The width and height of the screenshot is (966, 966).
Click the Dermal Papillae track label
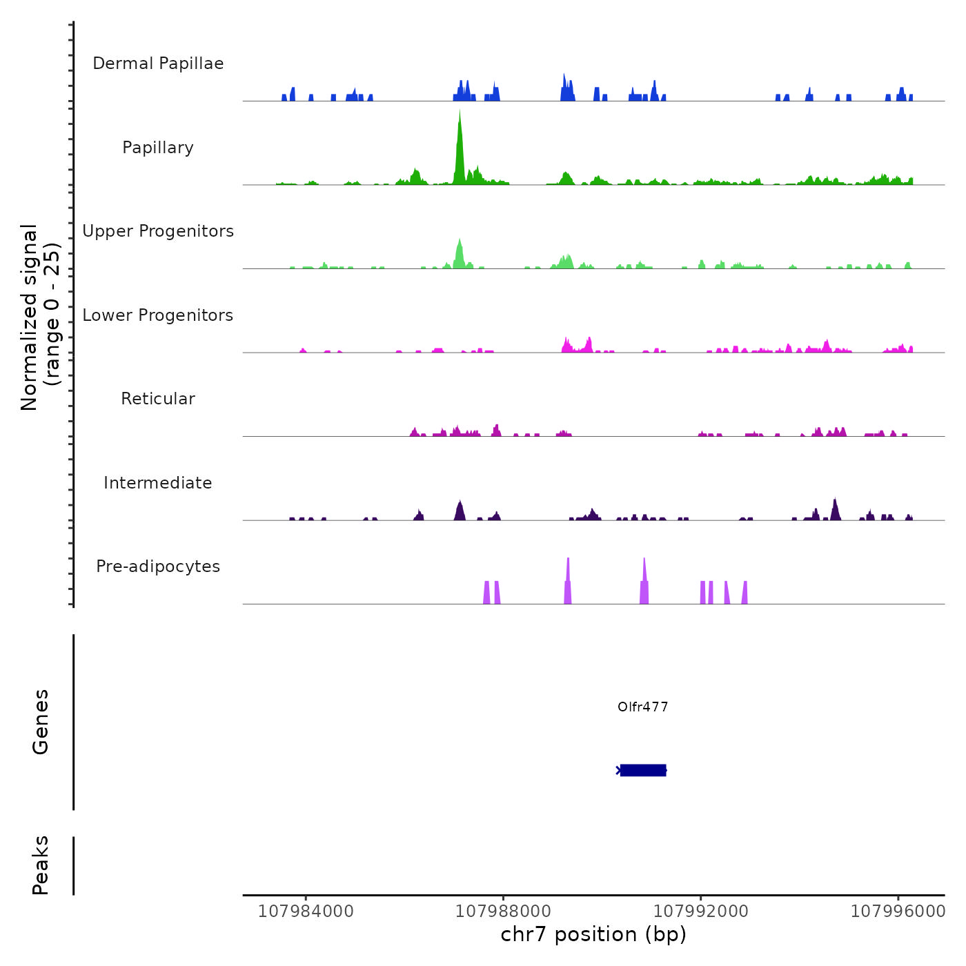coord(158,63)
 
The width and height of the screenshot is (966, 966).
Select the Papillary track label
coord(158,148)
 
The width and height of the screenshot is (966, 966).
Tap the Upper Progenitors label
coord(158,231)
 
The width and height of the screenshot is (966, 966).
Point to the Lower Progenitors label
coord(158,315)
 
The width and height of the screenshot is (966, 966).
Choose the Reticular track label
coord(158,399)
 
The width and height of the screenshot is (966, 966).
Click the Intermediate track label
coord(158,483)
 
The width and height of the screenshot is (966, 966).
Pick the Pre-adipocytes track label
coord(158,566)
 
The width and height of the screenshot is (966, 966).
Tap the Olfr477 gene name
coord(642,707)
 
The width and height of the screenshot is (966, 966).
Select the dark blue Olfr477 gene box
coord(642,770)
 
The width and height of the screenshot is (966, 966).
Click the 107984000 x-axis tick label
coord(306,911)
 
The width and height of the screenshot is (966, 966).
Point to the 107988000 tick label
coord(503,911)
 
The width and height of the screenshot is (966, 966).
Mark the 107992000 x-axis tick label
coord(700,911)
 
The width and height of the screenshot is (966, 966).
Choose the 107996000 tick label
coord(898,911)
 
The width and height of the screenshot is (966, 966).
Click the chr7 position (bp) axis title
coord(593,935)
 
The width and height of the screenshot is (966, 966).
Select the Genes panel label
coord(41,722)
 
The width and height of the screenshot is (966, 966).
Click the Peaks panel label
coord(41,865)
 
